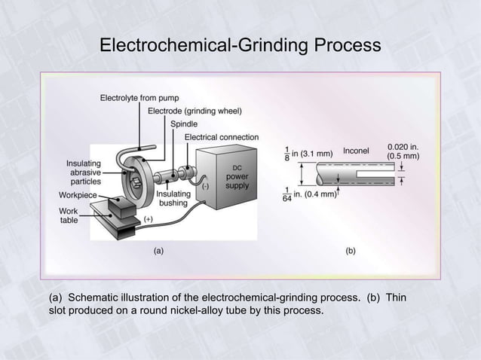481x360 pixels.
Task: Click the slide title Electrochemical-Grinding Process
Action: [x=240, y=46]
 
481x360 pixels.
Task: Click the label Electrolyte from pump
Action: [x=139, y=99]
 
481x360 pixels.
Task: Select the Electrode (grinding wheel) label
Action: [x=195, y=111]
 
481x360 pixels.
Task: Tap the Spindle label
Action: [x=185, y=124]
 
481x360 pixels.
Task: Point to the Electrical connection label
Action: [x=222, y=137]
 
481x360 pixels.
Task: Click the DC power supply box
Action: [x=237, y=176]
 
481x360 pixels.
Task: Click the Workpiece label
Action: [x=78, y=194]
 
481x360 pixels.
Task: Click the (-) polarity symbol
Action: [x=205, y=183]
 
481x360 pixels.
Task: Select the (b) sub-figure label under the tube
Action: [x=351, y=251]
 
